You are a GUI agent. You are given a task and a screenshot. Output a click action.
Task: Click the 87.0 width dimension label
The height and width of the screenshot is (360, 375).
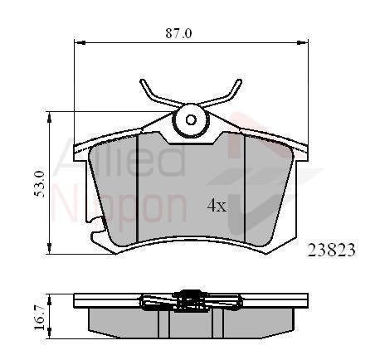tap(178, 34)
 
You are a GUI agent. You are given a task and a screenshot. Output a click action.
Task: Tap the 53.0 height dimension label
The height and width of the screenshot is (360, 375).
tap(39, 184)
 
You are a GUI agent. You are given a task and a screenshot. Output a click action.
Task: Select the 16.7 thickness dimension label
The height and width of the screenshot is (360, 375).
tap(39, 317)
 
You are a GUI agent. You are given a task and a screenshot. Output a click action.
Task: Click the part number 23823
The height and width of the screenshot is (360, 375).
tap(331, 251)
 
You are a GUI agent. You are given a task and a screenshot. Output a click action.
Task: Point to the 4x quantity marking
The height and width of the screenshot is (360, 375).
tap(217, 206)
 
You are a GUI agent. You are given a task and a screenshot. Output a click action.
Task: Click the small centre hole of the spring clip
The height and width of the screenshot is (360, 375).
tap(191, 120)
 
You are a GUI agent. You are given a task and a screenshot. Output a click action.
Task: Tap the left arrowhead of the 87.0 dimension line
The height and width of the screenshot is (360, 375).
tap(80, 42)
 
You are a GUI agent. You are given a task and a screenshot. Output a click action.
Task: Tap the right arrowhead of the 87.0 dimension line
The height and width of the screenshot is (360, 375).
tap(302, 42)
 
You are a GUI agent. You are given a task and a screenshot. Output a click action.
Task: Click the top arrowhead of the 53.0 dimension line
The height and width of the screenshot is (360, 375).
tap(49, 118)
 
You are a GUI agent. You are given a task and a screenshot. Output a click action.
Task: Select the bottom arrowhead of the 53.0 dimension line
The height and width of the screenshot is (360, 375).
tap(49, 248)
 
